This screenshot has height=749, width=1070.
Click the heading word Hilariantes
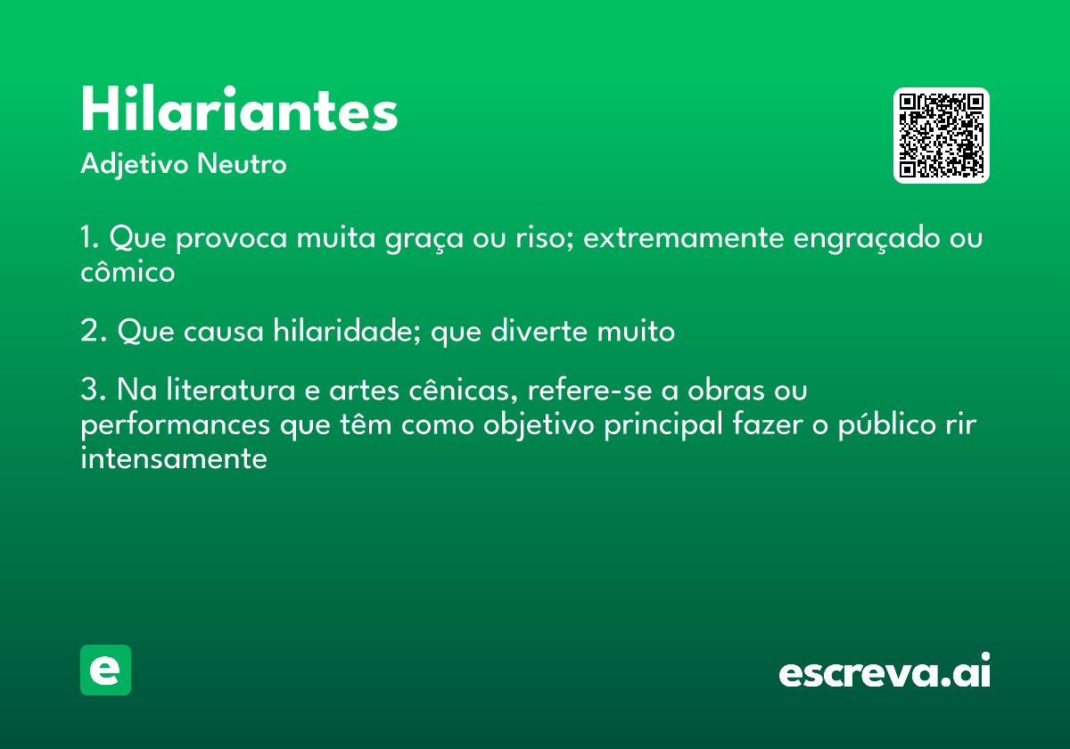[x=239, y=109]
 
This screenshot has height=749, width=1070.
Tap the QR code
[x=941, y=136]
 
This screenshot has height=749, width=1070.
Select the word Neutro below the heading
[x=242, y=164]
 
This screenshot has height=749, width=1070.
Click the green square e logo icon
[x=105, y=670]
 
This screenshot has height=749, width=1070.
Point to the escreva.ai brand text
[x=885, y=670]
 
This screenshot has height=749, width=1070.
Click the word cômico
[x=128, y=271]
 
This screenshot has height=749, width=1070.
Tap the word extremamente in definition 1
[x=684, y=237]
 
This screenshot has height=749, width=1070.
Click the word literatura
[x=231, y=389]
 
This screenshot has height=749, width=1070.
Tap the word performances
[x=176, y=425]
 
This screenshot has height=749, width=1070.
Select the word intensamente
[x=174, y=458]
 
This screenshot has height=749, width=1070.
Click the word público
[x=887, y=424]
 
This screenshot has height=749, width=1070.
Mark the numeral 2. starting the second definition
[x=93, y=330]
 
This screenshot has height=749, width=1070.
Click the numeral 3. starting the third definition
[x=93, y=389]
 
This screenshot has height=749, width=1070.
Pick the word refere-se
[x=590, y=390]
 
